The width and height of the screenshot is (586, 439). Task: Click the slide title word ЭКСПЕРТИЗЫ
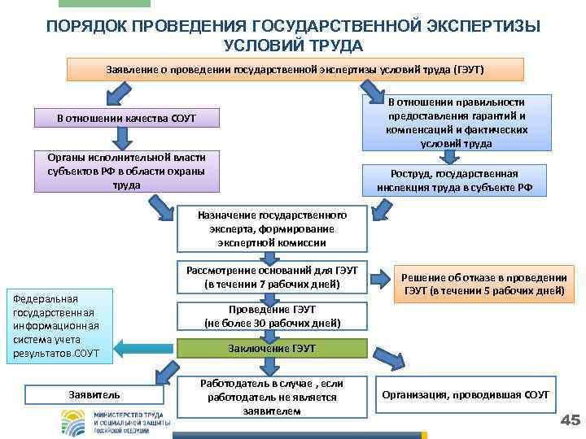point(480,26)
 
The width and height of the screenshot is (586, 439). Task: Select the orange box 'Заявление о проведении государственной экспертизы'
point(295,69)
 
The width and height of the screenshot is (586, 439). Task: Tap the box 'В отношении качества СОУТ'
point(126,120)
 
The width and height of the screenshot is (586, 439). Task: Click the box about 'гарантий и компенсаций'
point(456,122)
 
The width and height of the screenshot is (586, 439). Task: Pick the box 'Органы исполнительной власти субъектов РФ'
point(126,171)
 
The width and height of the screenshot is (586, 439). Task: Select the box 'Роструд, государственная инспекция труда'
point(454,180)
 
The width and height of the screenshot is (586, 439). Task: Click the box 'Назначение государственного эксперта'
point(272,228)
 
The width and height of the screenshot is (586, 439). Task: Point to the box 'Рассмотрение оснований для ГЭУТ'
point(272,278)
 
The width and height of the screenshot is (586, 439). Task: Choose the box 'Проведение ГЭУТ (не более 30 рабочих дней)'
point(272,317)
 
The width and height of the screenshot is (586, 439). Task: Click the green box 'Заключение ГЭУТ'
point(272,348)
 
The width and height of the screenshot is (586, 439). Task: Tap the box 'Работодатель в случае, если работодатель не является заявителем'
point(272,397)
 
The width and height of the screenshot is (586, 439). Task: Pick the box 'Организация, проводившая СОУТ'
point(466,394)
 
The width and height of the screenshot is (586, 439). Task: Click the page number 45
point(571,419)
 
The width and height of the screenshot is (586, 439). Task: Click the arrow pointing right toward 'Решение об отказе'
point(381,280)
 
